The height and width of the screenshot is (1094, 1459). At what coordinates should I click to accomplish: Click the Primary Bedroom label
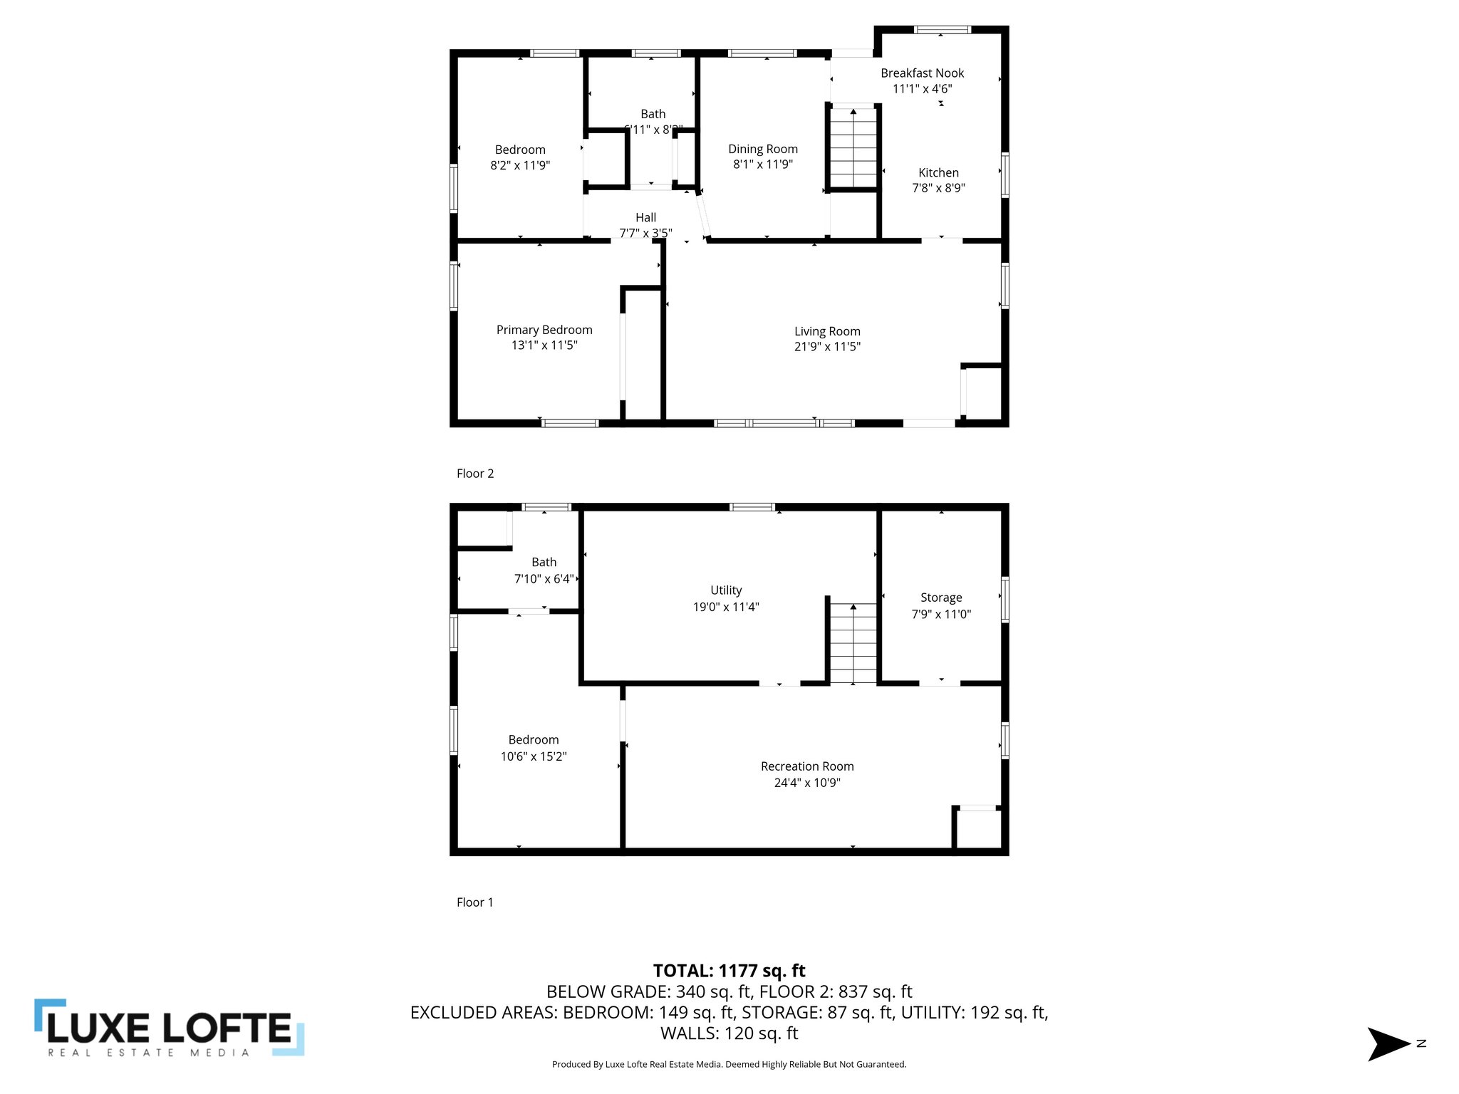(x=544, y=330)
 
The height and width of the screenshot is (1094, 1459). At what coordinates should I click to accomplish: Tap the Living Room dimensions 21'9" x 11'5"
(x=827, y=347)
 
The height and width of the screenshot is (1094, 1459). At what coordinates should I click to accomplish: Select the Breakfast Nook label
(x=922, y=73)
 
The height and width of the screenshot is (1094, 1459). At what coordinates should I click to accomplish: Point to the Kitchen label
(x=938, y=172)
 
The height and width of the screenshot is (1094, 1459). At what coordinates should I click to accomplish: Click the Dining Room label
(x=762, y=149)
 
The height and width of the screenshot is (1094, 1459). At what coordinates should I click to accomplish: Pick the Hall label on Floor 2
(x=645, y=217)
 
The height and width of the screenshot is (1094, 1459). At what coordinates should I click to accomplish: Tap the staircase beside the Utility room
(x=853, y=642)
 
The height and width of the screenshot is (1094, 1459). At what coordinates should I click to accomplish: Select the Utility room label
(x=726, y=590)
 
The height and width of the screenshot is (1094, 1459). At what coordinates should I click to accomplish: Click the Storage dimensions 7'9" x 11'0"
(x=941, y=614)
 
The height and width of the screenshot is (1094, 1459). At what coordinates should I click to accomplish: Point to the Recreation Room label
(x=807, y=766)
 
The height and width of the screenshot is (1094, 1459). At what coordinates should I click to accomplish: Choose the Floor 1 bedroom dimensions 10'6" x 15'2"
(x=533, y=756)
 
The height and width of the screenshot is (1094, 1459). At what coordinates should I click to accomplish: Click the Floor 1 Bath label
(x=544, y=562)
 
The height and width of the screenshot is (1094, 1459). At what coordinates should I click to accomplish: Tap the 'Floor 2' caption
(x=475, y=474)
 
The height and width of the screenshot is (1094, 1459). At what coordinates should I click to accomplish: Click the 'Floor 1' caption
(x=475, y=902)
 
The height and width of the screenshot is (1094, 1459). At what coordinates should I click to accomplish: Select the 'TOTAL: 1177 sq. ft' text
(x=729, y=971)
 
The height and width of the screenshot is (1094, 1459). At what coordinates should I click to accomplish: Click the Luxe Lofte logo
(x=170, y=1027)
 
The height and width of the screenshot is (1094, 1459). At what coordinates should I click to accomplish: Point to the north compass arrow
(x=1388, y=1044)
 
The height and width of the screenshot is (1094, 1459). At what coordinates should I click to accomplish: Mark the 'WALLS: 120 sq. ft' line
(x=729, y=1033)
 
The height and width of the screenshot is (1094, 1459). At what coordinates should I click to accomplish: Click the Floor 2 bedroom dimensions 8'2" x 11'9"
(x=520, y=165)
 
